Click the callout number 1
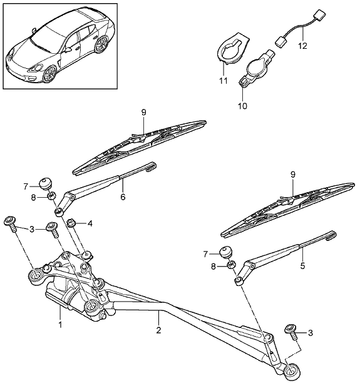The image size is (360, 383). click(x=60, y=324)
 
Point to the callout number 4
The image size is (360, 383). click(x=90, y=223)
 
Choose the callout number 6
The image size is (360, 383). click(x=123, y=197)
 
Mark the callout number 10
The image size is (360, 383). click(x=242, y=106)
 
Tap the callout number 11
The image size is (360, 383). click(x=223, y=81)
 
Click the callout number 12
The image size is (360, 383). click(x=302, y=46)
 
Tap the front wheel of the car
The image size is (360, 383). click(x=49, y=73)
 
